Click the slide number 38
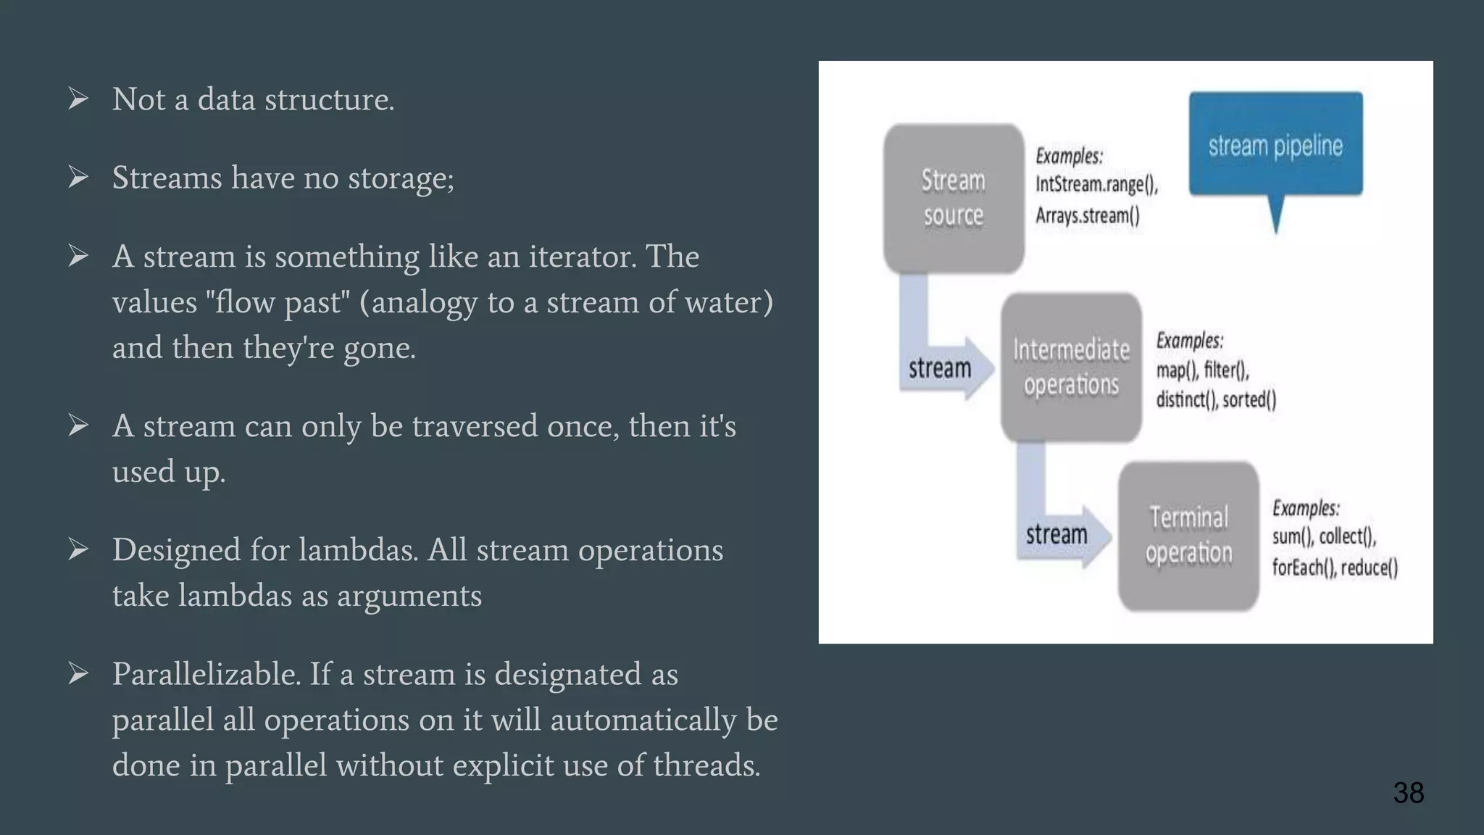point(1408,792)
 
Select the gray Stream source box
point(953,198)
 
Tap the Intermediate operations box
point(1071,367)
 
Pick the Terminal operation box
point(1188,536)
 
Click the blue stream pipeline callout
point(1275,145)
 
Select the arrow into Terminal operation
point(1059,534)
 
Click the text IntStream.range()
point(1096,184)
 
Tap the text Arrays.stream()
point(1087,215)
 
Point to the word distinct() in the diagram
point(1186,399)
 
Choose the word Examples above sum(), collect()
point(1305,507)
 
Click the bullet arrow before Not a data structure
point(78,99)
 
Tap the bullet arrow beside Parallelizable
point(78,673)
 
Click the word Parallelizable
point(206,674)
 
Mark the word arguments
point(409,596)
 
